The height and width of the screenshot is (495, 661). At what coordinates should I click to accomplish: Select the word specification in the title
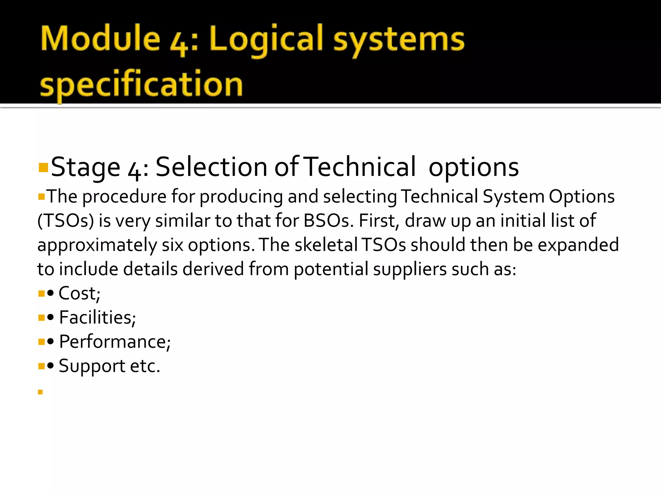[141, 84]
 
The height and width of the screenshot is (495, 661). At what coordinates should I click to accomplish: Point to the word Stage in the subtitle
[86, 167]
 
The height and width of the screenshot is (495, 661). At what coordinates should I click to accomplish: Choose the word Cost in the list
[78, 293]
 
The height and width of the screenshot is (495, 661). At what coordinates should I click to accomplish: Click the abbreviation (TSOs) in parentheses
[66, 221]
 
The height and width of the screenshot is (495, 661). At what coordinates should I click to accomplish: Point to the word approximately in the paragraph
[97, 245]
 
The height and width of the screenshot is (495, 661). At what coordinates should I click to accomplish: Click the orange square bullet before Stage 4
[43, 168]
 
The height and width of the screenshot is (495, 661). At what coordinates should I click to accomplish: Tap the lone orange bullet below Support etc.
[40, 392]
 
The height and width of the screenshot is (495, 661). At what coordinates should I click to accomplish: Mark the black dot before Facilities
[50, 317]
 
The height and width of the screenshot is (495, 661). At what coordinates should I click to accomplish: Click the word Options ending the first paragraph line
[582, 197]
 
